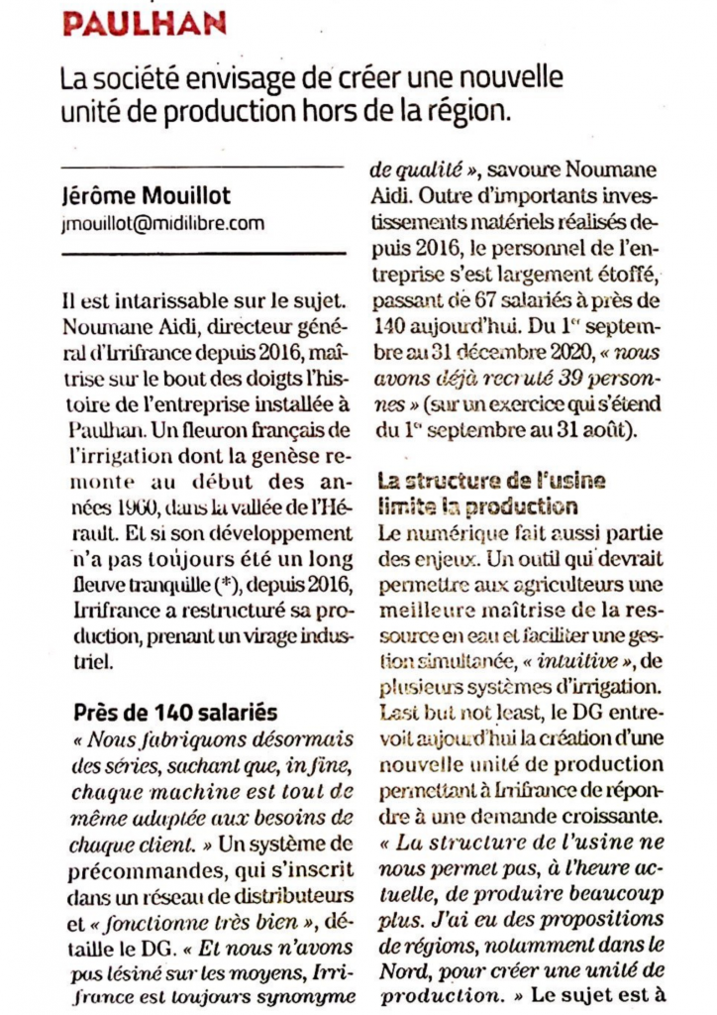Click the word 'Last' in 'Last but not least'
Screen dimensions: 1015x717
point(395,714)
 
